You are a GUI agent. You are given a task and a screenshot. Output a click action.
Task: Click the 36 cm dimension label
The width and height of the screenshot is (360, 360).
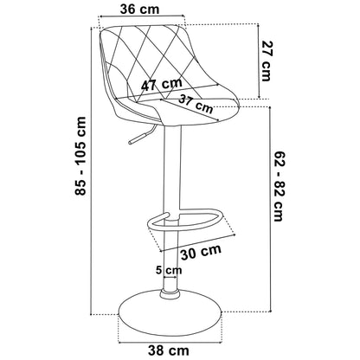coord(139,9)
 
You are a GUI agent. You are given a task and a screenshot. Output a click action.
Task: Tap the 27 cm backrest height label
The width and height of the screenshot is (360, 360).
coord(267,61)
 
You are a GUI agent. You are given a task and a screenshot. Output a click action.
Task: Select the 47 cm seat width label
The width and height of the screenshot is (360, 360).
coord(162,84)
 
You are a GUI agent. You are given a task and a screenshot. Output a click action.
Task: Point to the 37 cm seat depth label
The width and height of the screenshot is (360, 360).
coord(196,104)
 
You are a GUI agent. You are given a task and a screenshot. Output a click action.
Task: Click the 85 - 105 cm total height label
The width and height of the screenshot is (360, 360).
coord(80,156)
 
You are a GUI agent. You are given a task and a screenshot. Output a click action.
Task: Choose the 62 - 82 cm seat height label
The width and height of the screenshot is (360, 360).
coord(279,185)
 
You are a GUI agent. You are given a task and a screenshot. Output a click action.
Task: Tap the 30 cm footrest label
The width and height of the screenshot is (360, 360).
coord(201,252)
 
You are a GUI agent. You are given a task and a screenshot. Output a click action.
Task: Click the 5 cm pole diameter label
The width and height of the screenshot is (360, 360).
coord(169,270)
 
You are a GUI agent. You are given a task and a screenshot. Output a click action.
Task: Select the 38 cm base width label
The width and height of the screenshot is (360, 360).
coord(169,351)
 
